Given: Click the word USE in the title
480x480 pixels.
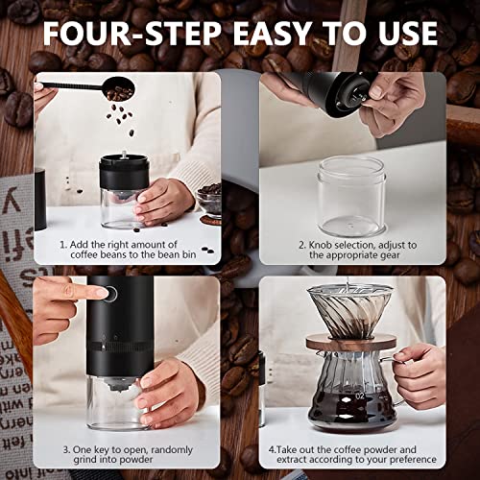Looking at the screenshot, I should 402,33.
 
